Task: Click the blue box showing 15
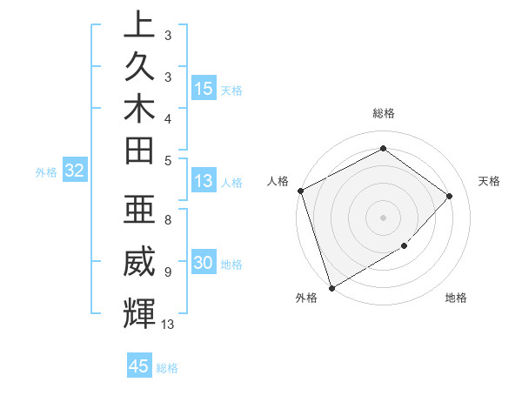pyautogui.click(x=204, y=88)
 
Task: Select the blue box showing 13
pyautogui.click(x=204, y=181)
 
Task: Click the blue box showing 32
pyautogui.click(x=74, y=171)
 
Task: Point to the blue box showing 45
pyautogui.click(x=139, y=366)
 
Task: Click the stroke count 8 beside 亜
pyautogui.click(x=168, y=220)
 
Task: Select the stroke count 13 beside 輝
pyautogui.click(x=169, y=324)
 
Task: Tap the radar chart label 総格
pyautogui.click(x=384, y=113)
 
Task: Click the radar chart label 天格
pyautogui.click(x=490, y=181)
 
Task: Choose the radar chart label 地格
pyautogui.click(x=456, y=298)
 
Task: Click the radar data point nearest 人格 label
pyautogui.click(x=300, y=191)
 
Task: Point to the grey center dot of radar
pyautogui.click(x=384, y=217)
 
